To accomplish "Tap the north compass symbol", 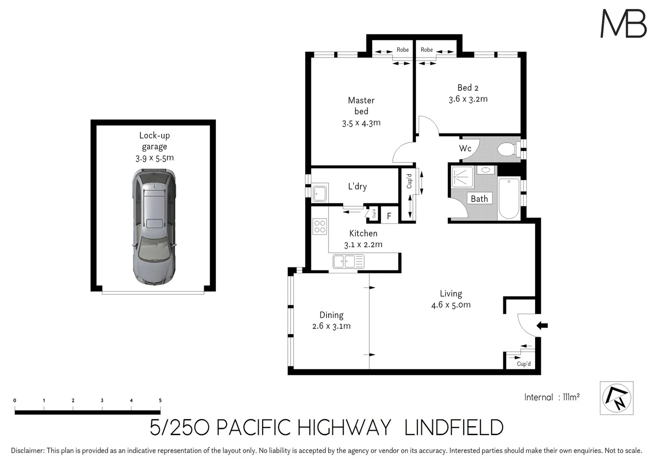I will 616,398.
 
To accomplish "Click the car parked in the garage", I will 154,227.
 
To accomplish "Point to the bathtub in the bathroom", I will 509,198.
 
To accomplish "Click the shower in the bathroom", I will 462,177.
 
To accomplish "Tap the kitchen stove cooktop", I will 319,226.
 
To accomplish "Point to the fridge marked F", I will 389,216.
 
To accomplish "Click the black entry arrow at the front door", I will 542,326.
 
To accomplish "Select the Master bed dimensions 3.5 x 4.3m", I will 361,123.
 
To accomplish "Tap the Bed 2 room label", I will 468,88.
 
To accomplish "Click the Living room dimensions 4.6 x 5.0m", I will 451,305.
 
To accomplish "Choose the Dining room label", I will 331,315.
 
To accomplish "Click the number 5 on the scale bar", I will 160,400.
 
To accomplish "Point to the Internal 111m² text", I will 552,397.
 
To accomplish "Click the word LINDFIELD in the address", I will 454,428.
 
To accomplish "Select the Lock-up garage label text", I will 154,141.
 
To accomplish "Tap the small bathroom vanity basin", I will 485,170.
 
